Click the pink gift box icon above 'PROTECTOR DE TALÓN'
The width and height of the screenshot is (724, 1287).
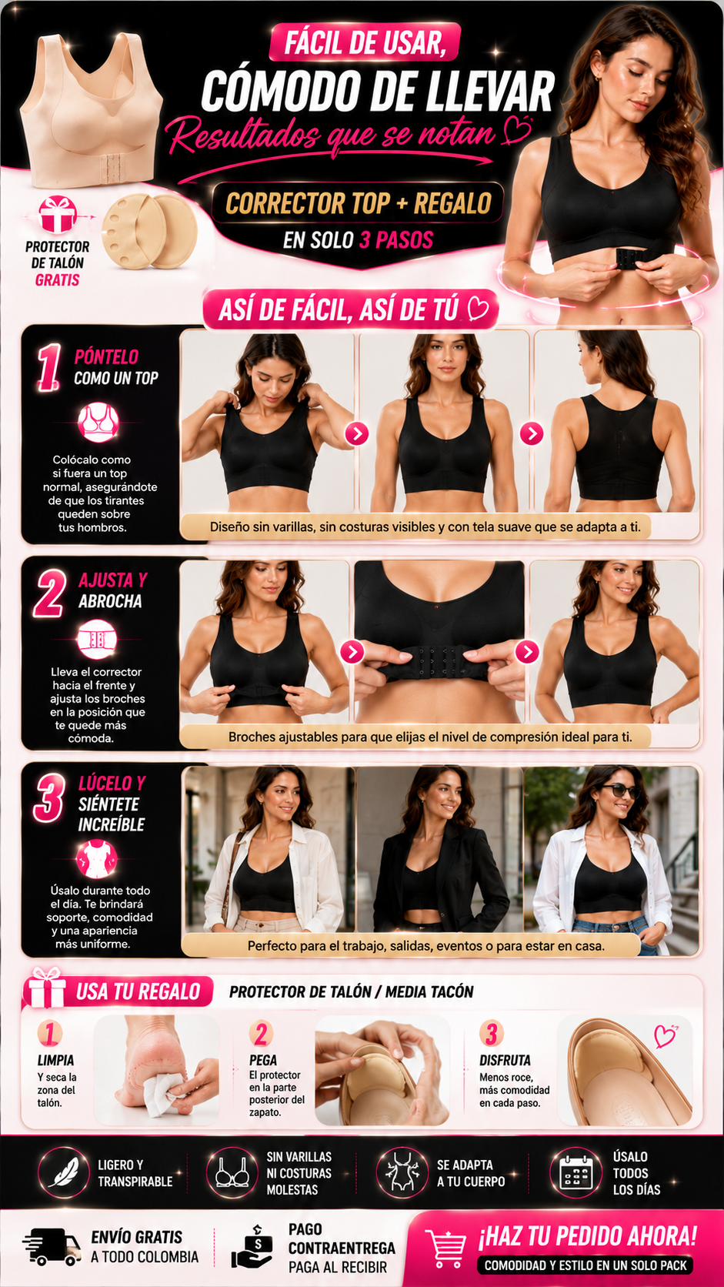click(x=58, y=214)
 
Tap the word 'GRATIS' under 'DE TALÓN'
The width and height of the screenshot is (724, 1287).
click(x=58, y=280)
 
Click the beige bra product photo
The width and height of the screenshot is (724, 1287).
click(x=91, y=109)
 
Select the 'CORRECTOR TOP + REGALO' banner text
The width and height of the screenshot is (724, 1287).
click(x=359, y=203)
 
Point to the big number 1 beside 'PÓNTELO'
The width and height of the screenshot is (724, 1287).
click(x=48, y=368)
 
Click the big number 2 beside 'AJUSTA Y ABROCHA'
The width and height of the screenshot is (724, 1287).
click(x=49, y=593)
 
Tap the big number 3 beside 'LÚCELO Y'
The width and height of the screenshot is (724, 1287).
click(x=49, y=797)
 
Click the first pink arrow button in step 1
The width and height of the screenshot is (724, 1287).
click(x=357, y=434)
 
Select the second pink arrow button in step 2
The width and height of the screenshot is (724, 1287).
click(x=527, y=651)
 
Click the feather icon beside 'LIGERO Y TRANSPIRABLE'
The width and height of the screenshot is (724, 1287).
click(x=63, y=1172)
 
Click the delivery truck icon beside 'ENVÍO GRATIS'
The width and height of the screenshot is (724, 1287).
click(x=52, y=1247)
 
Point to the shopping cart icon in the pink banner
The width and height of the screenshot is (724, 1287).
click(x=445, y=1247)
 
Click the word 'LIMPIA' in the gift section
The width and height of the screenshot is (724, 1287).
click(x=55, y=1060)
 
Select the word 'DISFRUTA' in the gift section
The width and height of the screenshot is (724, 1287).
click(x=505, y=1060)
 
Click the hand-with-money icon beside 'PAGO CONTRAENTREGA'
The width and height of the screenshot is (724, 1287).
click(x=253, y=1247)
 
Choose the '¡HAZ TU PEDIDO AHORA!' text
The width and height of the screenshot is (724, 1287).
click(x=588, y=1236)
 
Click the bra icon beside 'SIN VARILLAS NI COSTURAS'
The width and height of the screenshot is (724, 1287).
click(x=232, y=1172)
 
